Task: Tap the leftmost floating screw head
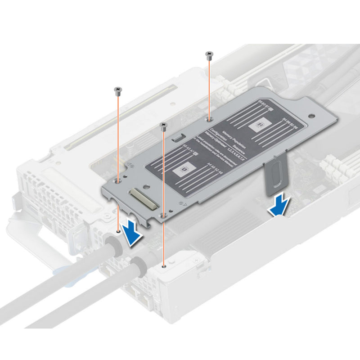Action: click(x=118, y=90)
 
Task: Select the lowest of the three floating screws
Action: click(x=164, y=125)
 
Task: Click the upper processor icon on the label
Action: click(x=260, y=123)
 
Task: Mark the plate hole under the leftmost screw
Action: click(x=118, y=180)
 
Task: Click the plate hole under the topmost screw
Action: click(x=209, y=118)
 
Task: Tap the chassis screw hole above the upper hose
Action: click(x=118, y=231)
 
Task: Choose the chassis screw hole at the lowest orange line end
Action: click(x=164, y=265)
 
